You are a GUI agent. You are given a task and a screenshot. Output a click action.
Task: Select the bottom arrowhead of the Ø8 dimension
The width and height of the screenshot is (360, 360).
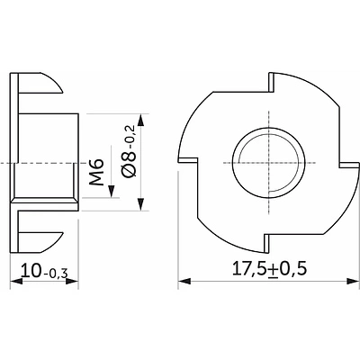(139, 206)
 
